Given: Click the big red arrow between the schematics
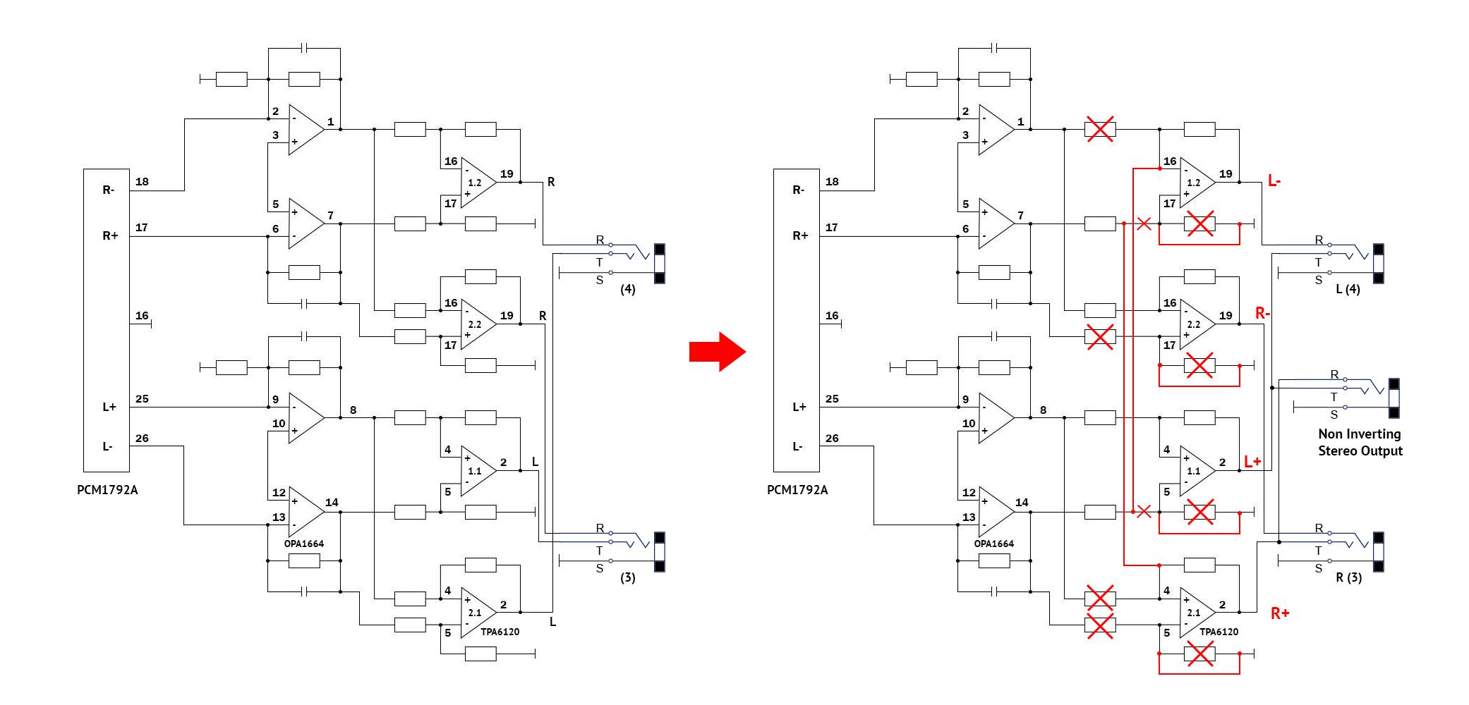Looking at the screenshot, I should click(x=717, y=351).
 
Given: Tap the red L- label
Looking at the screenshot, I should click(x=1274, y=181).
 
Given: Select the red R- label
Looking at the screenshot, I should click(x=1262, y=313).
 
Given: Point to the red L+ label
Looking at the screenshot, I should click(x=1252, y=462).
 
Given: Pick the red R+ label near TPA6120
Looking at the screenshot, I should click(x=1280, y=613).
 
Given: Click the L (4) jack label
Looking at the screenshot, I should click(x=1348, y=289).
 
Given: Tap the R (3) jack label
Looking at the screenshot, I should click(x=1348, y=577).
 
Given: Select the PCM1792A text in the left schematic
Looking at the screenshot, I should click(x=107, y=490).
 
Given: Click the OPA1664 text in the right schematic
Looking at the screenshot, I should click(x=993, y=544).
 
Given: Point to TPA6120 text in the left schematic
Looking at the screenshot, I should click(x=500, y=632).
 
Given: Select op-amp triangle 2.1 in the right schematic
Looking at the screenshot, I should click(x=1196, y=613).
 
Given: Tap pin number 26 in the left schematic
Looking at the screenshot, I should click(x=142, y=439).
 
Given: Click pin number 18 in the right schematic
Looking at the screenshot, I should click(x=832, y=182).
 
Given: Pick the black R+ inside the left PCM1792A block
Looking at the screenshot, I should click(x=110, y=235).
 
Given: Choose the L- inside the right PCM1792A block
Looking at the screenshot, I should click(x=798, y=446).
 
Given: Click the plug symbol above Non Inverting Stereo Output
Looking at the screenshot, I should click(x=1394, y=398).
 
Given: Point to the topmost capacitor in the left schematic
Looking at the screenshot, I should click(x=305, y=49).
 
